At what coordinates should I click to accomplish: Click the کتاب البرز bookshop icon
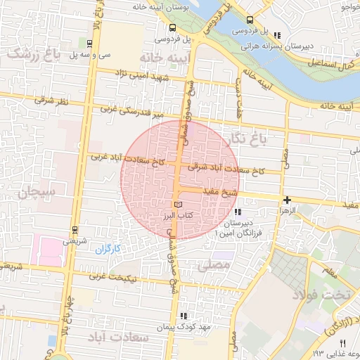pyautogui.click(x=167, y=205)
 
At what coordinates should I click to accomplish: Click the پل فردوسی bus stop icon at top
pyautogui.click(x=251, y=20)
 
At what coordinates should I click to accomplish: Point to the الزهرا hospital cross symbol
pyautogui.click(x=287, y=200)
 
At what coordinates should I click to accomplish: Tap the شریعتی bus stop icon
pyautogui.click(x=75, y=229)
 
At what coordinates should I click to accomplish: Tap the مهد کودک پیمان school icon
pyautogui.click(x=184, y=316)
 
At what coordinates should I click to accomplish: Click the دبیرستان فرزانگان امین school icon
pyautogui.click(x=238, y=212)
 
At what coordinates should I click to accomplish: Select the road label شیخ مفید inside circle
pyautogui.click(x=219, y=191)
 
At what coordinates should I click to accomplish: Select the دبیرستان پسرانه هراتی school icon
pyautogui.click(x=277, y=35)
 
